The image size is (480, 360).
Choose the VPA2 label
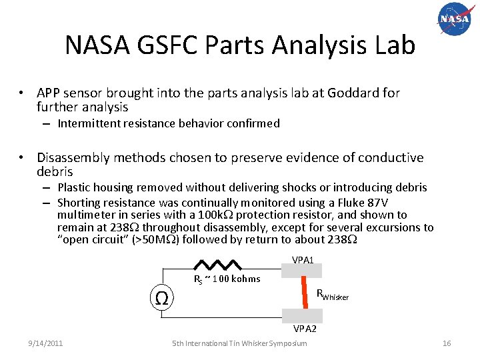click(x=303, y=329)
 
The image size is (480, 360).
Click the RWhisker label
click(x=332, y=294)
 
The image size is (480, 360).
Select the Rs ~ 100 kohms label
click(x=227, y=279)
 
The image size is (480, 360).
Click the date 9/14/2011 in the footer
click(x=45, y=343)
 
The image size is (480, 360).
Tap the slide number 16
click(x=447, y=343)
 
